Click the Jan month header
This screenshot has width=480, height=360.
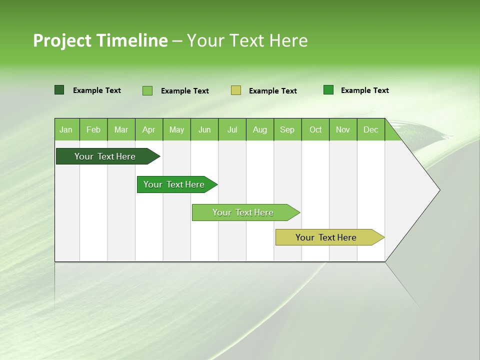pyautogui.click(x=66, y=129)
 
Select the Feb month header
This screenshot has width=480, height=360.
pyautogui.click(x=93, y=129)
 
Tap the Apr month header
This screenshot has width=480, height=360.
pyautogui.click(x=148, y=129)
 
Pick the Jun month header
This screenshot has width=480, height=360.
pyautogui.click(x=204, y=129)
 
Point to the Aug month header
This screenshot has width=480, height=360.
pyautogui.click(x=259, y=129)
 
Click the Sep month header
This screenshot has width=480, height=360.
pyautogui.click(x=287, y=129)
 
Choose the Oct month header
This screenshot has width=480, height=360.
pyautogui.click(x=315, y=129)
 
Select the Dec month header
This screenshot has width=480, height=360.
pyautogui.click(x=370, y=129)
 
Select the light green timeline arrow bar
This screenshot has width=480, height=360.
pyautogui.click(x=243, y=212)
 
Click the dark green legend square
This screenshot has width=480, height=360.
pyautogui.click(x=59, y=90)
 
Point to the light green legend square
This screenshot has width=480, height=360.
pyautogui.click(x=147, y=90)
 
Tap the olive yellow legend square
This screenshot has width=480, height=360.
pyautogui.click(x=236, y=90)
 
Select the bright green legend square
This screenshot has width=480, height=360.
pyautogui.click(x=328, y=90)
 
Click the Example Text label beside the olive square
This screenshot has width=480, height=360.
pyautogui.click(x=273, y=91)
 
